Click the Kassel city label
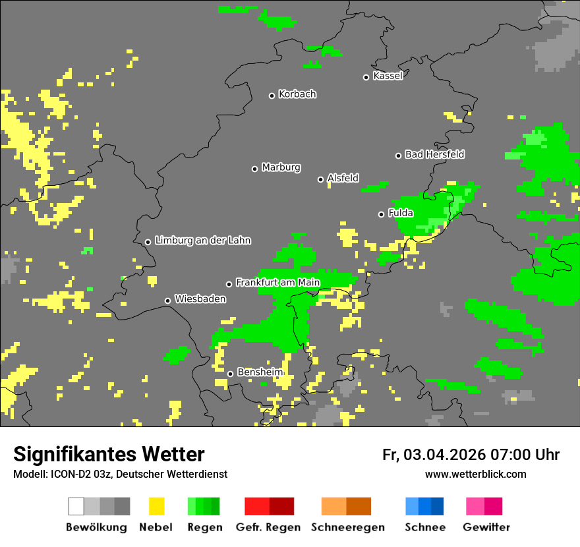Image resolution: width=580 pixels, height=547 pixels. pyautogui.click(x=388, y=76)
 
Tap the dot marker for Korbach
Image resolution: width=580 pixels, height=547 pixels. pyautogui.click(x=272, y=96)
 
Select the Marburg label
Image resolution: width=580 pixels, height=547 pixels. pyautogui.click(x=281, y=167)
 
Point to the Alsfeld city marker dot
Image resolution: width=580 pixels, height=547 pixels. pyautogui.click(x=320, y=179)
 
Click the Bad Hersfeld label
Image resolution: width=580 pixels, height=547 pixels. pyautogui.click(x=434, y=154)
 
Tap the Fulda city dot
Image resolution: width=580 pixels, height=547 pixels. pyautogui.click(x=381, y=214)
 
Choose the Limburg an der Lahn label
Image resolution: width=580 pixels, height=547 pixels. pyautogui.click(x=202, y=241)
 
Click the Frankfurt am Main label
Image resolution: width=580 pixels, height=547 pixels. pyautogui.click(x=277, y=283)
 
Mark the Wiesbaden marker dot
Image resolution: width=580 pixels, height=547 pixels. pyautogui.click(x=167, y=301)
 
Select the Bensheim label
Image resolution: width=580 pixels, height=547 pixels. pyautogui.click(x=260, y=372)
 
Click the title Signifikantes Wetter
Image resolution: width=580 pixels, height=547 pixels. pyautogui.click(x=109, y=454)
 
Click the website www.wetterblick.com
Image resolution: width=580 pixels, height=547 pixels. pyautogui.click(x=475, y=474)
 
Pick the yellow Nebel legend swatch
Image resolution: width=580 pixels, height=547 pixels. pyautogui.click(x=156, y=506)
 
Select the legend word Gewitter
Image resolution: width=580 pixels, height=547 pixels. pyautogui.click(x=486, y=527)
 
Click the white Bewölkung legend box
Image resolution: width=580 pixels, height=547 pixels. pyautogui.click(x=76, y=506)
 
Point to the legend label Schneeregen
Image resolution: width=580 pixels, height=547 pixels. pyautogui.click(x=348, y=527)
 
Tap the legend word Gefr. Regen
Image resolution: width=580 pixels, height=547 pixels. pyautogui.click(x=268, y=527)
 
